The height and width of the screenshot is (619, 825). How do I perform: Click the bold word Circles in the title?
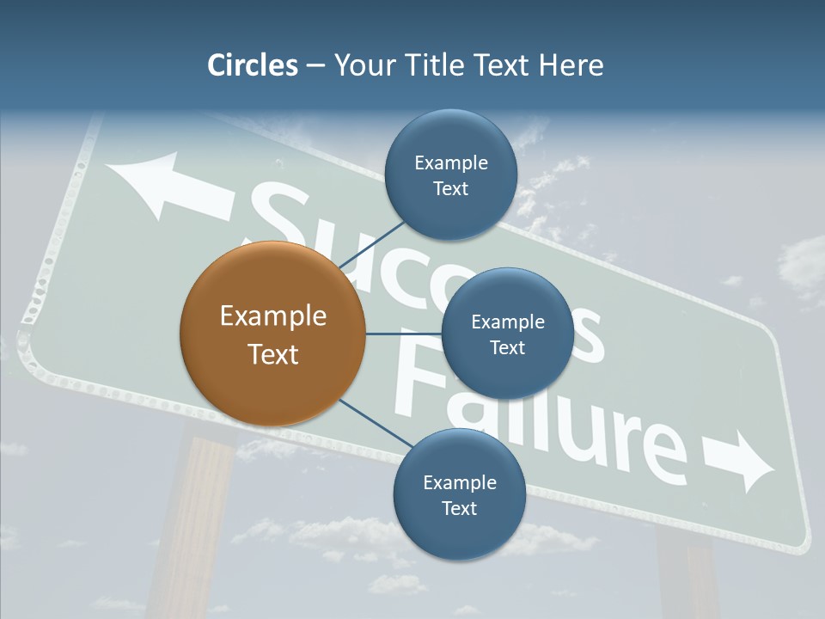pyautogui.click(x=253, y=65)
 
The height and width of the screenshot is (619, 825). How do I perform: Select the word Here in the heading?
pyautogui.click(x=571, y=65)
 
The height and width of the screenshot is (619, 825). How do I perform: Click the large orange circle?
pyautogui.click(x=272, y=334)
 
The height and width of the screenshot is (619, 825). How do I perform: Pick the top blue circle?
pyautogui.click(x=450, y=175)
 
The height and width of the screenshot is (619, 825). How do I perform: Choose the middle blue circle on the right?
pyautogui.click(x=507, y=334)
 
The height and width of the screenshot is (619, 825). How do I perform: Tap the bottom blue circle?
pyautogui.click(x=459, y=494)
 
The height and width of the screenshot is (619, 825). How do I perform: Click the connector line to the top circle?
pyautogui.click(x=374, y=244)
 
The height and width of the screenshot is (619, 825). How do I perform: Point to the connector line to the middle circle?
pyautogui.click(x=403, y=334)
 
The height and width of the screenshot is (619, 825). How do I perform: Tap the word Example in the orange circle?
pyautogui.click(x=272, y=316)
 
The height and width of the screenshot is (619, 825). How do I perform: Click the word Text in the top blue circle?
pyautogui.click(x=450, y=189)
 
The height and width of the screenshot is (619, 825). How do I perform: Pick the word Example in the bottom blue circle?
pyautogui.click(x=459, y=482)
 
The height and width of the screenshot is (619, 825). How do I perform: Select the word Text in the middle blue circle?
pyautogui.click(x=507, y=348)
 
